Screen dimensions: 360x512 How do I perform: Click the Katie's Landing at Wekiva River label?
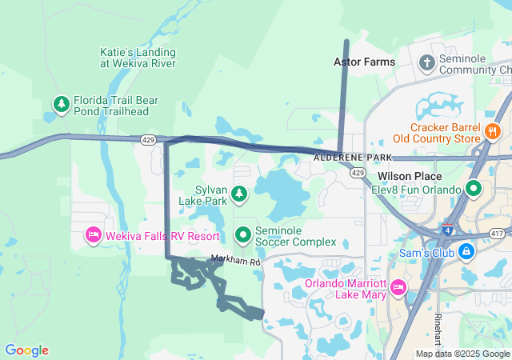(138, 57)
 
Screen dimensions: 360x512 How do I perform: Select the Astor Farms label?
(365, 62)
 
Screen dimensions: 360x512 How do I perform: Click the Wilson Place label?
(410, 175)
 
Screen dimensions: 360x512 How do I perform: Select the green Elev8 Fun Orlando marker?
(474, 190)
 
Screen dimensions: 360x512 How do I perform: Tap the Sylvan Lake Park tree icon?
(238, 193)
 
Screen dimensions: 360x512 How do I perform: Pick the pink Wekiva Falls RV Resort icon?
(94, 235)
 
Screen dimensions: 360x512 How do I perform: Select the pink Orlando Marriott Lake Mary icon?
(397, 286)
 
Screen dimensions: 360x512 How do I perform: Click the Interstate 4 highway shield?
(445, 230)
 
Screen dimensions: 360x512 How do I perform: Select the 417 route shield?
(497, 233)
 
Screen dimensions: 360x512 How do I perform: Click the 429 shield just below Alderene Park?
(358, 173)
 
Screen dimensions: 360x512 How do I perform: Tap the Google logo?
(26, 350)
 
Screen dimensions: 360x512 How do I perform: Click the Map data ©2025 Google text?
(462, 354)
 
